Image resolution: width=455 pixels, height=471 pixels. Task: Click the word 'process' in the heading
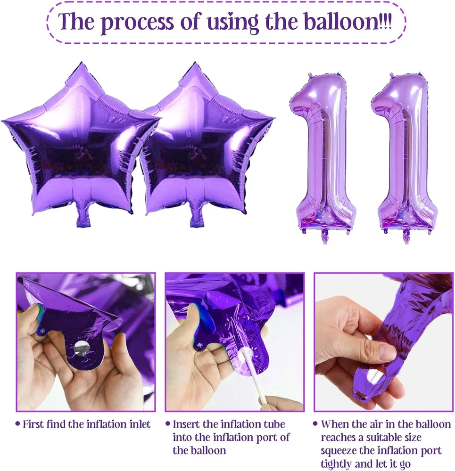[x=137, y=22]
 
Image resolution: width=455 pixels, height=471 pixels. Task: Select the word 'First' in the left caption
[x=33, y=424]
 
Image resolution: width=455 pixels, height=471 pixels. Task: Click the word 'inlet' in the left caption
[x=140, y=424]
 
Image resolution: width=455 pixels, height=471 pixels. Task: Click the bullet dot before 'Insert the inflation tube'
[x=167, y=424]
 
